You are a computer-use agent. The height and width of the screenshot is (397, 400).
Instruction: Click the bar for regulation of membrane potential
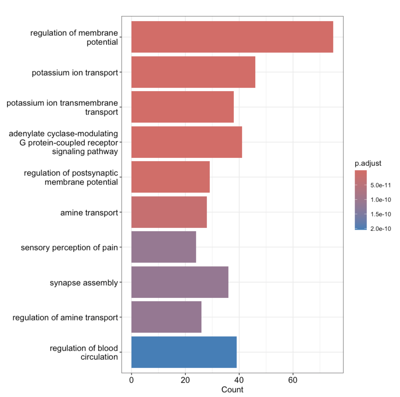(x=232, y=37)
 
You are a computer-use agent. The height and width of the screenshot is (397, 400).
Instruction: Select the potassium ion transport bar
(x=193, y=72)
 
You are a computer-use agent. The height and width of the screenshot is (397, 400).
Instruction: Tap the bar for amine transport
(x=169, y=212)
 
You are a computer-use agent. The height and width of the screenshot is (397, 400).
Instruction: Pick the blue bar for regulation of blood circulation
(x=184, y=352)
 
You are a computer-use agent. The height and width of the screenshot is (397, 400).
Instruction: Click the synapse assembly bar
(x=180, y=282)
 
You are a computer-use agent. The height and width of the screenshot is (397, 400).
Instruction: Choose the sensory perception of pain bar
(x=163, y=247)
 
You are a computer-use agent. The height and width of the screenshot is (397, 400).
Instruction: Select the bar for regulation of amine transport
(x=166, y=317)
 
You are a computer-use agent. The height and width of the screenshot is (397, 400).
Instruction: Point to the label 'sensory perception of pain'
(x=69, y=247)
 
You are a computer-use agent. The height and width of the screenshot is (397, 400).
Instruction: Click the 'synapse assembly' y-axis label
(x=84, y=282)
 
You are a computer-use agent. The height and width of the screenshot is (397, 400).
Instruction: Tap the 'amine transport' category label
(x=89, y=213)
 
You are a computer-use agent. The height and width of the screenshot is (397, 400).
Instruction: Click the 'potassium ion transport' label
(x=75, y=73)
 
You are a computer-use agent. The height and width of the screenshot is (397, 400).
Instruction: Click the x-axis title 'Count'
(x=232, y=389)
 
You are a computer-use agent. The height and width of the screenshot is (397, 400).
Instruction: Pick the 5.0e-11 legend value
(x=381, y=185)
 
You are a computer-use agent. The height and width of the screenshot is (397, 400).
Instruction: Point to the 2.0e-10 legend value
(x=381, y=229)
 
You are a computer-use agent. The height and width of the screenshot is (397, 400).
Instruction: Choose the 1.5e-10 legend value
(x=381, y=214)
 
